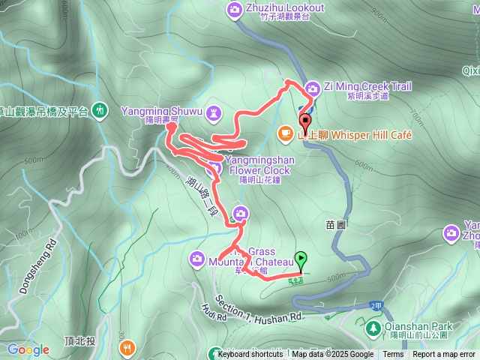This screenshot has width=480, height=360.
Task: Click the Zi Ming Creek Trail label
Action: pos(367,86)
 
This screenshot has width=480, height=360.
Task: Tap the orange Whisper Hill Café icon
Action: pos(285,133)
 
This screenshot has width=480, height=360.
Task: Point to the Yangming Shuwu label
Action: pos(163,111)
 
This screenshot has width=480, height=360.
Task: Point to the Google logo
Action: pos(28,349)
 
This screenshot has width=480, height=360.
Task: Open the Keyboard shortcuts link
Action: pos(253,355)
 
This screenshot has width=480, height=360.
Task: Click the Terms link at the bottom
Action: pos(393,355)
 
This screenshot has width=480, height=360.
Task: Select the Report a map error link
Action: pos(444,355)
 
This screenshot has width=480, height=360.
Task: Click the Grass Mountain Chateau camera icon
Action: pos(196,259)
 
